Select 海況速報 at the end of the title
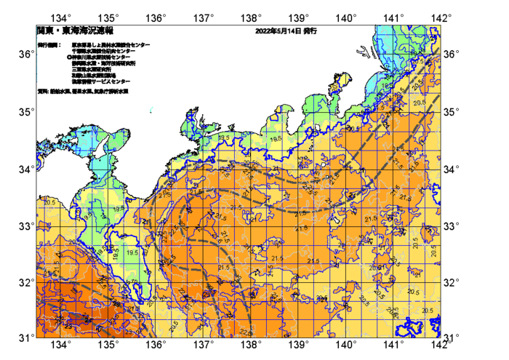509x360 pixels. (x=99, y=31)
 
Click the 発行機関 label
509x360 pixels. (x=47, y=45)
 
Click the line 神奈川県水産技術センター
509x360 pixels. (x=101, y=57)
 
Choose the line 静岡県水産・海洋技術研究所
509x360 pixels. (x=101, y=63)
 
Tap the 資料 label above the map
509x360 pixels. (x=41, y=91)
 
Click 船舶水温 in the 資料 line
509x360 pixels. (x=58, y=91)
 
